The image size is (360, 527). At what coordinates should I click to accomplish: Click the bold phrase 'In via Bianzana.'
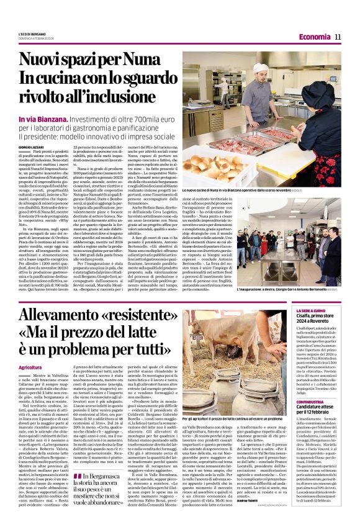[x=43, y=118]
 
